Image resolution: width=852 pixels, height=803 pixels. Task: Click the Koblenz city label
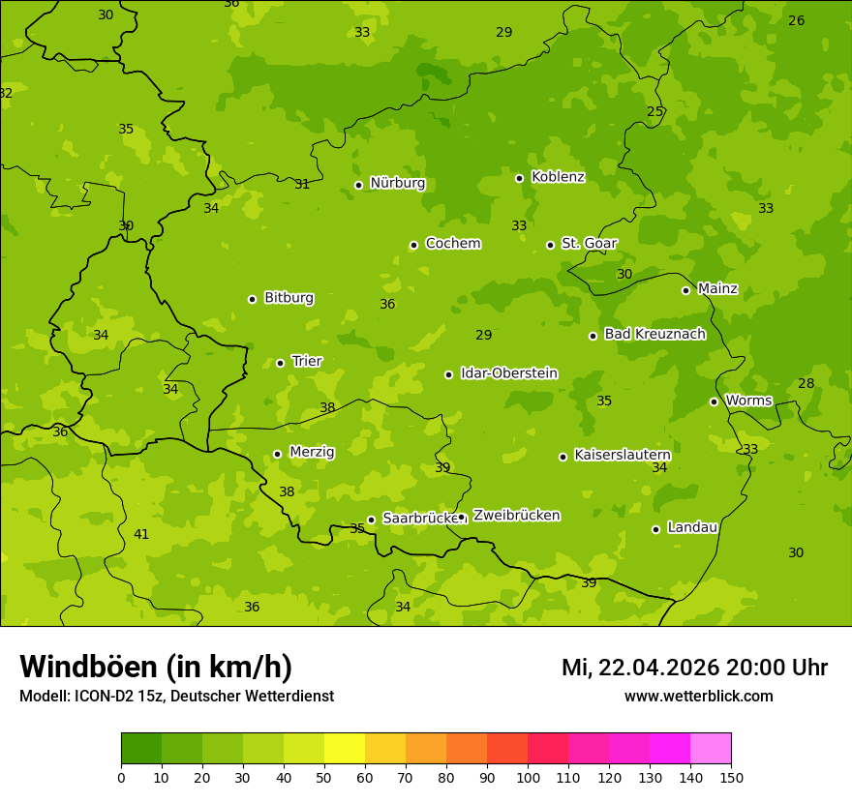click(x=558, y=177)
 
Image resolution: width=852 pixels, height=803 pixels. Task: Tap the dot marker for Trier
click(x=281, y=363)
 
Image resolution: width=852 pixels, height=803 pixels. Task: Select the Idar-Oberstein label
click(x=508, y=373)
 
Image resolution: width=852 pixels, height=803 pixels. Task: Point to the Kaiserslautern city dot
click(x=563, y=457)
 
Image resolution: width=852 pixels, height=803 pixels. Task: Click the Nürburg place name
click(x=397, y=183)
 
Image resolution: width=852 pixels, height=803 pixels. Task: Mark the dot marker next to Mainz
click(x=685, y=290)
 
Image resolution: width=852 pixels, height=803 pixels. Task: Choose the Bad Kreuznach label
click(x=654, y=334)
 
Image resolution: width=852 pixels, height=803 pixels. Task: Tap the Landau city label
click(x=692, y=527)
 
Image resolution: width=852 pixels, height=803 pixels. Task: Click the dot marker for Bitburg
click(x=253, y=299)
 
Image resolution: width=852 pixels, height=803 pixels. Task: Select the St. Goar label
click(x=589, y=243)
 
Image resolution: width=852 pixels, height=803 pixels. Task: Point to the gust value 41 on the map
click(x=141, y=534)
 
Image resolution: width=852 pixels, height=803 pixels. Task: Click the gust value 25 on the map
click(x=655, y=111)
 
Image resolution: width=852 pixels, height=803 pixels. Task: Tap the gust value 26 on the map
click(x=796, y=20)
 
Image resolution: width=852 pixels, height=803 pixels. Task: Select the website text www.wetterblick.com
click(x=698, y=696)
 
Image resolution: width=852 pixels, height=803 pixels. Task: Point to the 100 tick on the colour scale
click(x=528, y=777)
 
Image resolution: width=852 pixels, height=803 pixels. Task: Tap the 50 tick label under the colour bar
click(x=324, y=777)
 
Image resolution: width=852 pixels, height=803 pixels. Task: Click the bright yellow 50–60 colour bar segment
click(x=345, y=749)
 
